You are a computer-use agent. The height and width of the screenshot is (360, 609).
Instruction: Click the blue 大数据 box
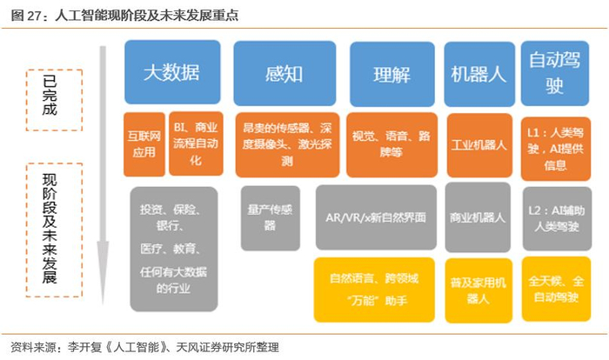pyautogui.click(x=172, y=72)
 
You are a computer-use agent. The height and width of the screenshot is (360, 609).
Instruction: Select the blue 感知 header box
pyautogui.click(x=284, y=73)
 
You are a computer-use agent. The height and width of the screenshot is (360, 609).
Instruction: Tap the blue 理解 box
pyautogui.click(x=392, y=74)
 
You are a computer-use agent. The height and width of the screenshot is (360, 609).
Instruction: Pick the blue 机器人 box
pyautogui.click(x=479, y=74)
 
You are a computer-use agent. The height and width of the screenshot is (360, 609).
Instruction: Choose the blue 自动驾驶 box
pyautogui.click(x=555, y=73)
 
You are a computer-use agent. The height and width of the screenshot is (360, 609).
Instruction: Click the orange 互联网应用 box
pyautogui.click(x=144, y=144)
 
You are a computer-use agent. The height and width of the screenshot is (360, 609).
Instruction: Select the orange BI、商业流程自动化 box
pyautogui.click(x=196, y=143)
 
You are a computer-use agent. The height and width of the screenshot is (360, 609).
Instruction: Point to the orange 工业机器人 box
pyautogui.click(x=479, y=145)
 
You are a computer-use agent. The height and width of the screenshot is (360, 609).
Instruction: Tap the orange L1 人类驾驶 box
pyautogui.click(x=556, y=149)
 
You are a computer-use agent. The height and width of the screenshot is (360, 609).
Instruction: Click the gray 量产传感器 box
pyautogui.click(x=271, y=218)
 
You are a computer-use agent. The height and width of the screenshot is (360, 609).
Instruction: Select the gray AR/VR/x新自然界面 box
pyautogui.click(x=376, y=217)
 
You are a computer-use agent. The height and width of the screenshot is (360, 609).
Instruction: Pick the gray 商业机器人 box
pyautogui.click(x=478, y=217)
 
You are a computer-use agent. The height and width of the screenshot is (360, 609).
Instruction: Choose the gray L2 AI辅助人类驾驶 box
pyautogui.click(x=558, y=218)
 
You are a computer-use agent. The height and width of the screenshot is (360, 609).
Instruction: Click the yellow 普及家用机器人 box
pyautogui.click(x=478, y=291)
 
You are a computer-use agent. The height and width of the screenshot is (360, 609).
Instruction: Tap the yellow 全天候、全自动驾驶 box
pyautogui.click(x=557, y=289)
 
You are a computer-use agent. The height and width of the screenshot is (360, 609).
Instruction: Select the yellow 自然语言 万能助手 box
pyautogui.click(x=374, y=290)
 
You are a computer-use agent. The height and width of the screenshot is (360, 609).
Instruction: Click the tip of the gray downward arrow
pyautogui.click(x=103, y=305)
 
